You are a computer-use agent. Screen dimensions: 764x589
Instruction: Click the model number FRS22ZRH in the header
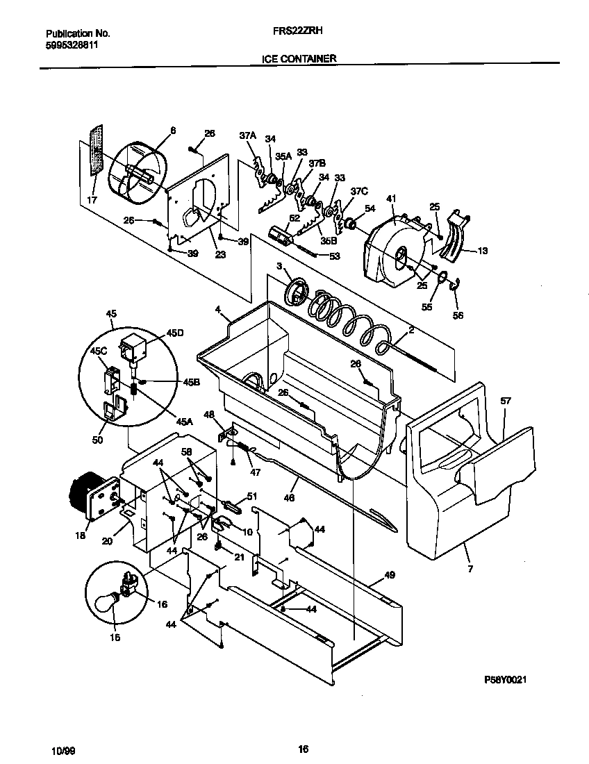(300, 32)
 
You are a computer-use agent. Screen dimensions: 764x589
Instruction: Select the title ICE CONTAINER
(299, 59)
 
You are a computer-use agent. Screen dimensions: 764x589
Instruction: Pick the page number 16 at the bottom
(303, 749)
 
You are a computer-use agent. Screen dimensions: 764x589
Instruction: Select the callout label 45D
(176, 333)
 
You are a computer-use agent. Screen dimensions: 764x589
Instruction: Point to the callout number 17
(92, 201)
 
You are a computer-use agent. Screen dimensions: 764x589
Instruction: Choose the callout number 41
(391, 199)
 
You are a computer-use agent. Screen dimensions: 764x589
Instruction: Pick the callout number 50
(97, 440)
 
